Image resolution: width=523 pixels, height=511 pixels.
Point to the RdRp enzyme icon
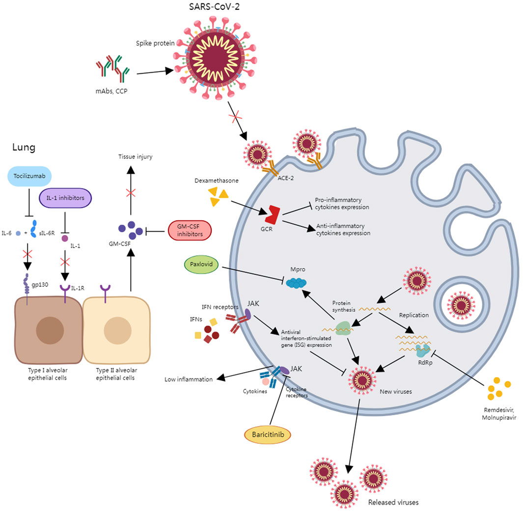pos(421,350)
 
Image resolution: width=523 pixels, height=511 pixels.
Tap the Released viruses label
pos(393,503)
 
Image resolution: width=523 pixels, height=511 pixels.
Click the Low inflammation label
pos(188,379)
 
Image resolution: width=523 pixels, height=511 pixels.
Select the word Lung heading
pos(24,147)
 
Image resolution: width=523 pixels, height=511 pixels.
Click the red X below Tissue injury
pos(131,193)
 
